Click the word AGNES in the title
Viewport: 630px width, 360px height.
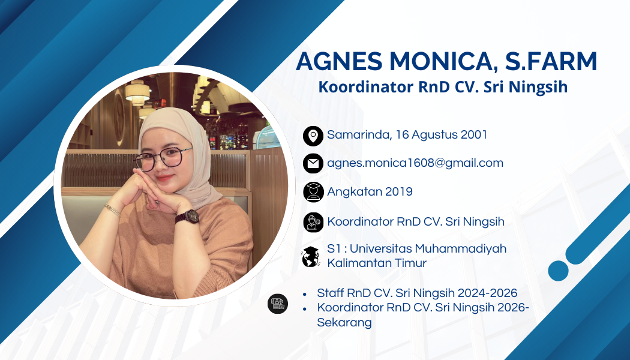tap(339, 61)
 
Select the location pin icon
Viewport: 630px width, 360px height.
tap(313, 136)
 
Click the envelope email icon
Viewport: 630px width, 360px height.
tap(313, 164)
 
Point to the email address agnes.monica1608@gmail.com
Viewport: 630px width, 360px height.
tap(415, 163)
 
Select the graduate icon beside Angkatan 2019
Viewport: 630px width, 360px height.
tap(313, 191)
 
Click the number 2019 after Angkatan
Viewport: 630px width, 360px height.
tap(398, 191)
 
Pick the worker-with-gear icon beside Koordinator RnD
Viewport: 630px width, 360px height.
tap(313, 222)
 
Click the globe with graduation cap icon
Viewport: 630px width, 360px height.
tap(311, 257)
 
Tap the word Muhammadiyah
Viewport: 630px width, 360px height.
tap(460, 249)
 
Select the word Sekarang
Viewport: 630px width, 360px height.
tap(344, 323)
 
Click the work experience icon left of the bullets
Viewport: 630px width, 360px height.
tap(278, 304)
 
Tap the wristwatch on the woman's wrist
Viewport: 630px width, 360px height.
tap(187, 217)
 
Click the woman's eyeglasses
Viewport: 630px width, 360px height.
tap(163, 158)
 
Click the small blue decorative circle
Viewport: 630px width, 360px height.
tap(558, 271)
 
